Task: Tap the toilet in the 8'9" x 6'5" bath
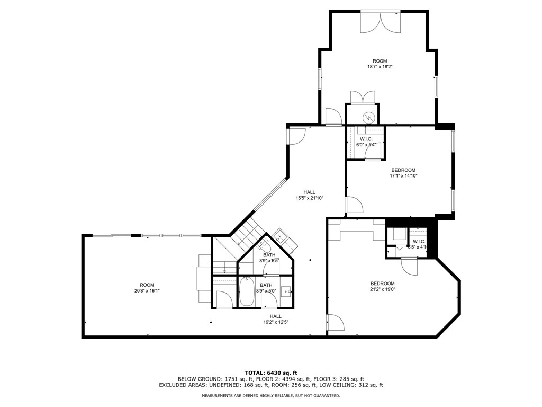(x=266, y=247)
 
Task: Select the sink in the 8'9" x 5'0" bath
(x=286, y=291)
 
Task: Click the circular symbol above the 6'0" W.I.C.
(x=369, y=117)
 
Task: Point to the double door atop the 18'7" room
(x=380, y=22)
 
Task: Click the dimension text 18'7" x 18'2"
(x=380, y=67)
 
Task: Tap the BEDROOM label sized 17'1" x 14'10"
(x=403, y=170)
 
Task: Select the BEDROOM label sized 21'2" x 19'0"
(x=382, y=284)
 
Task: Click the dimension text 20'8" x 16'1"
(x=147, y=291)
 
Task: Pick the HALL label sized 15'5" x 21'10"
(x=309, y=192)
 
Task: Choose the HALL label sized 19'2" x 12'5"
(x=275, y=316)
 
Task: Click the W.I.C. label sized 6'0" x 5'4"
(x=366, y=139)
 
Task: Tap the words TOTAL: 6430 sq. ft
(x=270, y=372)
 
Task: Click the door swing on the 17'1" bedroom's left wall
(x=354, y=205)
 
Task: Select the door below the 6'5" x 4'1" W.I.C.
(x=409, y=266)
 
